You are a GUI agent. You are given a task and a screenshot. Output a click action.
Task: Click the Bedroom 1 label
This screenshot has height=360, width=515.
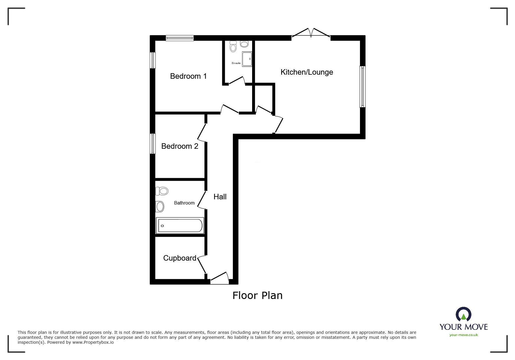tap(188, 76)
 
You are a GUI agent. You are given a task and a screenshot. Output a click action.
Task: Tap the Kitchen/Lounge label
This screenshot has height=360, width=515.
tap(307, 72)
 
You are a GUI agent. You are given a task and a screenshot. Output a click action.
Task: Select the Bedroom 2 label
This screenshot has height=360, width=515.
tap(180, 146)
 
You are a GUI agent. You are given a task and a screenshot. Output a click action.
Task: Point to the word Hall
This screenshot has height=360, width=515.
tap(220, 197)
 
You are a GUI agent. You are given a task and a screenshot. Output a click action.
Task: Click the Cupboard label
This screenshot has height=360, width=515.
tap(180, 258)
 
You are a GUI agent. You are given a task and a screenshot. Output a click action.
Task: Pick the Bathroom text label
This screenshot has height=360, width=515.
tap(184, 203)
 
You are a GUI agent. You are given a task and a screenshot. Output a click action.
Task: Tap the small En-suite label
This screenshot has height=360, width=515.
tap(236, 63)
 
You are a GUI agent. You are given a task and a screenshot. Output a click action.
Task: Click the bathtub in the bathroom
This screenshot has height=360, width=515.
tap(180, 225)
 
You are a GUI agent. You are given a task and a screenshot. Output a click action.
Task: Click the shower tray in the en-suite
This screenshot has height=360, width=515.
tap(247, 59)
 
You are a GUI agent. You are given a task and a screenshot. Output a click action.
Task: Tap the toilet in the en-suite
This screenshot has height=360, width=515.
tap(233, 46)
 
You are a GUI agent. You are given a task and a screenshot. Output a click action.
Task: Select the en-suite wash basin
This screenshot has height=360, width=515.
tap(244, 44)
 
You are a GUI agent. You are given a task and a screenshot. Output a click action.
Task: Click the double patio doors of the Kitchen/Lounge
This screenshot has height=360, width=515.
tap(311, 33)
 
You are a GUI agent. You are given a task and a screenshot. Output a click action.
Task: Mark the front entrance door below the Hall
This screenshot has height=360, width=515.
tap(220, 278)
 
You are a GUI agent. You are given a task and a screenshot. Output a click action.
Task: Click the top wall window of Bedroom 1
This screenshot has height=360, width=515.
tap(180, 38)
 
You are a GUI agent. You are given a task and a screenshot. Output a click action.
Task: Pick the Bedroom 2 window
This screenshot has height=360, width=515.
tap(152, 144)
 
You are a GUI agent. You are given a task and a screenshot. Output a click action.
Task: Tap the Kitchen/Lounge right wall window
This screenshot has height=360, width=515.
tap(362, 87)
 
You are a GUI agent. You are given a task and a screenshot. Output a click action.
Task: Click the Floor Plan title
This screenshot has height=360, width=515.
tap(257, 295)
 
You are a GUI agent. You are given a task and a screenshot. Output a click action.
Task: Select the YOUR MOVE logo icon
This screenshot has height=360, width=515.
tap(464, 315)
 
